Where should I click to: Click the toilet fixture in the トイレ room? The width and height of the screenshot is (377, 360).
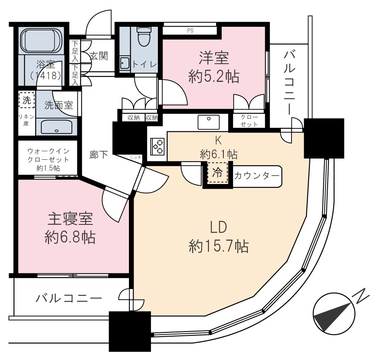(x=143, y=36)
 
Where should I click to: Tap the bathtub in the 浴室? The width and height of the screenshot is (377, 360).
(x=41, y=40)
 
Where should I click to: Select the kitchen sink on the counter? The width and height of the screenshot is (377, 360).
(x=208, y=122)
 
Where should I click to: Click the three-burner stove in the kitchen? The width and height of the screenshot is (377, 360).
(x=157, y=146)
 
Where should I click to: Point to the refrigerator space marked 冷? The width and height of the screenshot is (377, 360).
(x=217, y=173)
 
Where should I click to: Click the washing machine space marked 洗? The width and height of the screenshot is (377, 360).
(x=27, y=100)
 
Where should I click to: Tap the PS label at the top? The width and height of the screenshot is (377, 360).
(x=190, y=31)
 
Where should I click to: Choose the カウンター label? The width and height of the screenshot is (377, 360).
(x=257, y=176)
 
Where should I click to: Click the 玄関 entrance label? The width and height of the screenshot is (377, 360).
(x=99, y=56)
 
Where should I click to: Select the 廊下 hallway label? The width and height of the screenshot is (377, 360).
(x=99, y=155)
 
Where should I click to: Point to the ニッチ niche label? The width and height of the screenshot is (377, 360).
(x=135, y=158)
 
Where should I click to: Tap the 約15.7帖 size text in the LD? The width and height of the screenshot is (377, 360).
(x=219, y=246)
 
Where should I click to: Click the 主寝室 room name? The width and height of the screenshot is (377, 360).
(x=70, y=219)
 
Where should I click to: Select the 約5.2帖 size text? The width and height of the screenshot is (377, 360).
(x=214, y=77)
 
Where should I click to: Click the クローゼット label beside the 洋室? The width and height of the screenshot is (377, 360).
(x=249, y=121)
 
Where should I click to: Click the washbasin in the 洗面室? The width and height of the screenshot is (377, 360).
(x=57, y=127)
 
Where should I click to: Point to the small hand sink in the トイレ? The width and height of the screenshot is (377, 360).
(x=125, y=63)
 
